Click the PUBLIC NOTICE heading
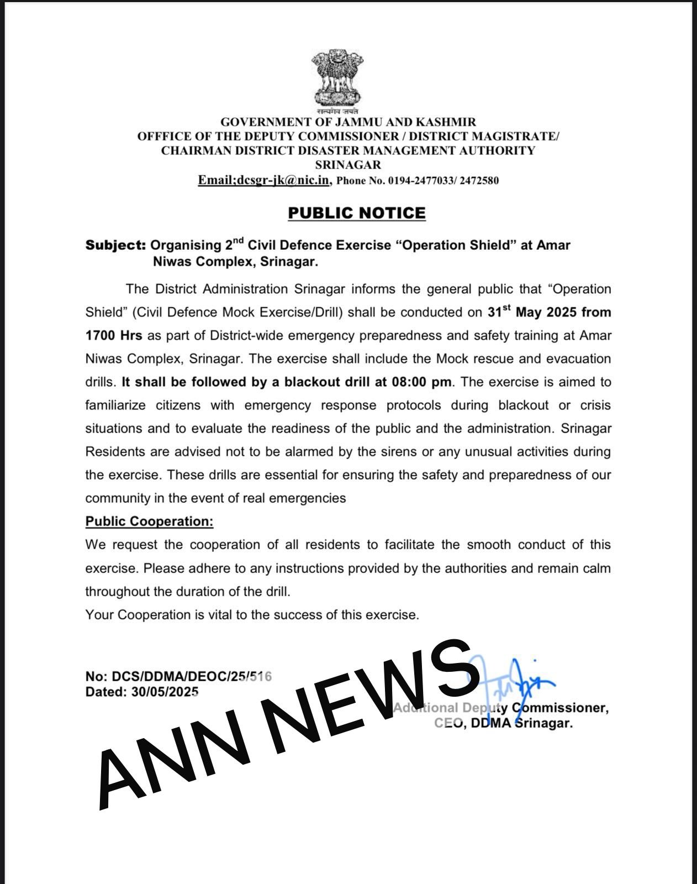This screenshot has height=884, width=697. tap(357, 213)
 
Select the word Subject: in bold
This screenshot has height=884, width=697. tap(115, 245)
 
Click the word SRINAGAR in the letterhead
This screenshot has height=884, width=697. tap(348, 165)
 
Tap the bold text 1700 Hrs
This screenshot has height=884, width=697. tap(114, 335)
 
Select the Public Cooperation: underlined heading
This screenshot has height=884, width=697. tap(149, 522)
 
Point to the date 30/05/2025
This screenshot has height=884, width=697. tap(165, 692)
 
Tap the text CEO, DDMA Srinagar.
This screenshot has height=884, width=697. tap(504, 723)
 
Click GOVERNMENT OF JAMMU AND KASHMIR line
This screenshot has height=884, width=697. tap(348, 122)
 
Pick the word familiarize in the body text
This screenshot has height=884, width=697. tap(115, 405)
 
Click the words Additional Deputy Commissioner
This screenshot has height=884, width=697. tap(501, 708)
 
